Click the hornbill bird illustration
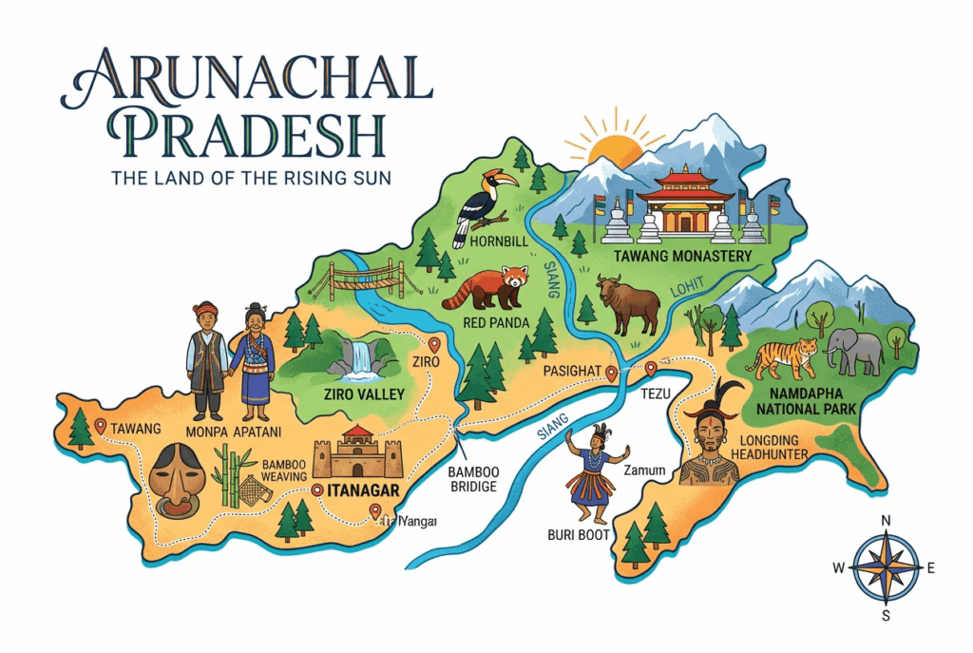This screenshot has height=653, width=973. (480, 204)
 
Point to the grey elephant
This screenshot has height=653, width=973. (854, 350)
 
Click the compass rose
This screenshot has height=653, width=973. (886, 567)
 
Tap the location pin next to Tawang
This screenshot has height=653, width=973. (100, 426)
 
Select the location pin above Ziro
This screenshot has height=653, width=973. (435, 345)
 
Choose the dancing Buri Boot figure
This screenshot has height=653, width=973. (594, 471)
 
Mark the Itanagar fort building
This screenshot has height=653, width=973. (358, 453)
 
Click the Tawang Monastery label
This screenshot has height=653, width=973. (682, 257)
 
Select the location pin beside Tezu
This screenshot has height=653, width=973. (651, 369)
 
